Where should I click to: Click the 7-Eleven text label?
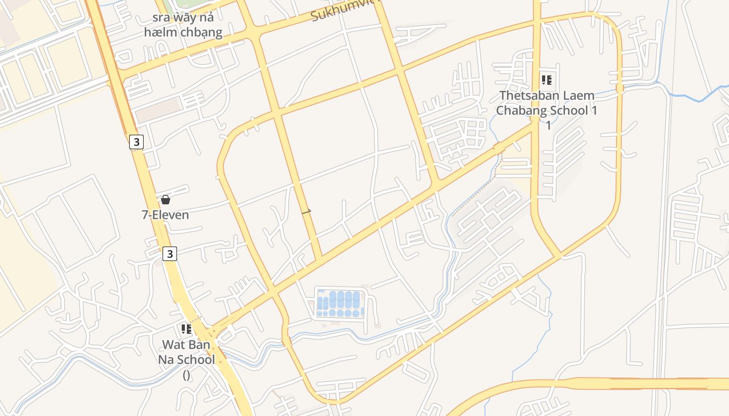click(166, 215)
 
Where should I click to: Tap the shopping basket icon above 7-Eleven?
click(166, 200)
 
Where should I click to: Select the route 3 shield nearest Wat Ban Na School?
click(170, 254)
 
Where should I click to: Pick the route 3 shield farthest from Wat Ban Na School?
click(136, 141)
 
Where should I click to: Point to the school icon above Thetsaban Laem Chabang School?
click(547, 80)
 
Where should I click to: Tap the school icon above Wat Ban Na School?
click(186, 329)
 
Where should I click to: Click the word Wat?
click(173, 344)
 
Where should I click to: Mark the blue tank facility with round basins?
click(340, 303)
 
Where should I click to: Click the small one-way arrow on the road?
click(307, 211)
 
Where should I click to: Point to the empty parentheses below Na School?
click(186, 374)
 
